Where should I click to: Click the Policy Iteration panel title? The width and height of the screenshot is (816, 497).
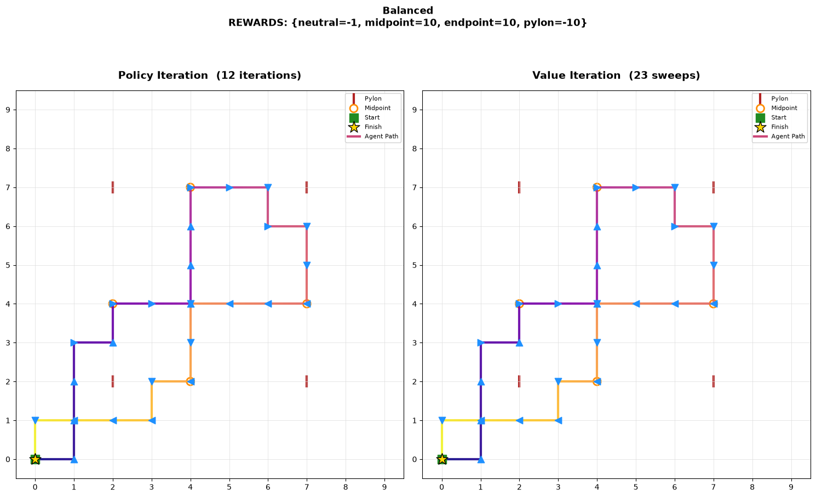(x=209, y=76)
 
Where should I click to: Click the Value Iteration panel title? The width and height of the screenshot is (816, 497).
(x=616, y=76)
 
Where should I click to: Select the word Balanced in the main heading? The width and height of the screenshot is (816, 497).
(x=407, y=10)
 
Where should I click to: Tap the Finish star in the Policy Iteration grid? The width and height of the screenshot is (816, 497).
(x=35, y=459)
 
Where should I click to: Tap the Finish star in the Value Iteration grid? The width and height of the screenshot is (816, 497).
(x=442, y=459)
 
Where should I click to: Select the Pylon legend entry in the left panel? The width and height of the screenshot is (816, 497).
(x=364, y=99)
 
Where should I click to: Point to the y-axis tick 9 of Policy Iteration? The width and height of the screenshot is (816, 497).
(x=8, y=110)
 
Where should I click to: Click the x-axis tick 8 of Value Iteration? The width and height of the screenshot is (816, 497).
(x=752, y=487)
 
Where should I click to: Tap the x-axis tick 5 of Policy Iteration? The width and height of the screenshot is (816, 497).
(x=229, y=487)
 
